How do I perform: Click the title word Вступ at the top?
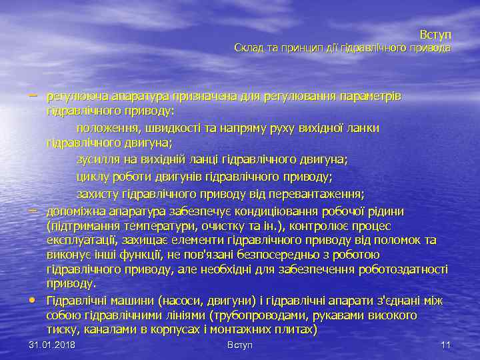click(x=435, y=34)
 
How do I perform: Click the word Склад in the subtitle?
click(x=248, y=48)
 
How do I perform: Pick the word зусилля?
click(x=98, y=160)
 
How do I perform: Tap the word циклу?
click(x=93, y=177)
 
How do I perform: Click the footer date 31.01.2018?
click(x=52, y=345)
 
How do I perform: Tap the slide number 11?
click(x=446, y=345)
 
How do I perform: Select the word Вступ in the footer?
click(x=240, y=345)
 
